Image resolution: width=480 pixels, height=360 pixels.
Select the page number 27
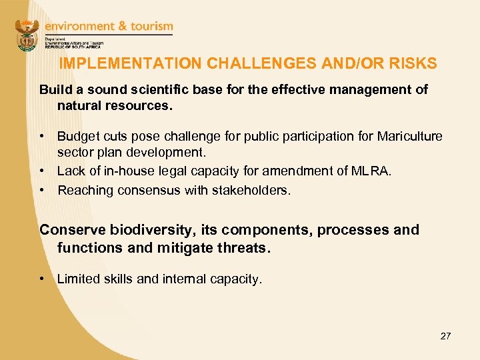445,336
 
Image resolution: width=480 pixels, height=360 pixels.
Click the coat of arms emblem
28,35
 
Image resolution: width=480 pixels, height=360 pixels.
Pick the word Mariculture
410,137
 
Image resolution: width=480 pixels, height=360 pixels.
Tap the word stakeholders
251,190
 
